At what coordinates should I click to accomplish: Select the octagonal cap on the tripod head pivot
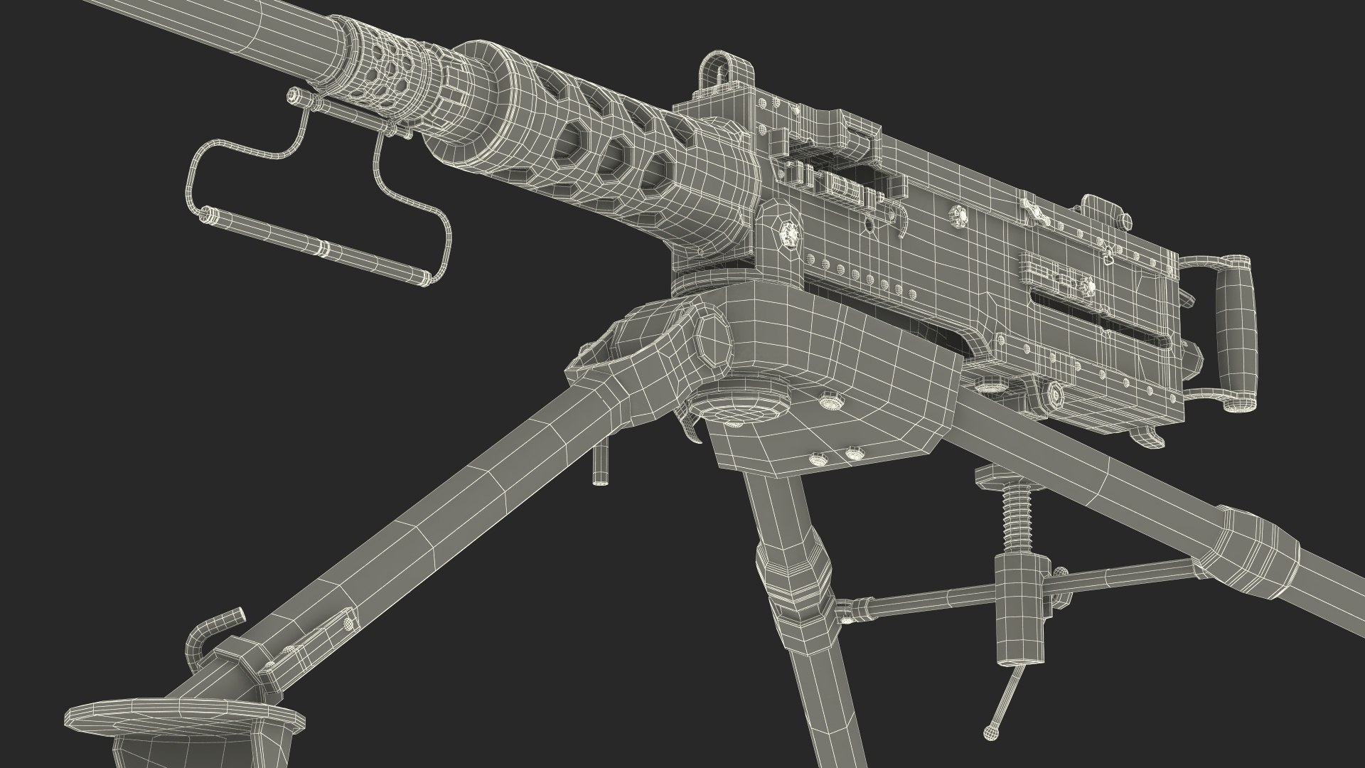click(714, 338)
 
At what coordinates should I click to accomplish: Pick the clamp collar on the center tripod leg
click(790, 583)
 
